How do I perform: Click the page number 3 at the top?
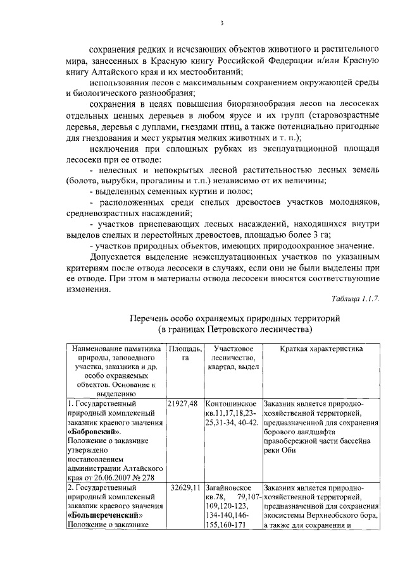(x=221, y=23)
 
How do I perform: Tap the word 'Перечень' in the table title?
(x=150, y=319)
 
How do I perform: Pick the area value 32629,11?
(x=185, y=488)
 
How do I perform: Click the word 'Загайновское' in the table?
(x=229, y=488)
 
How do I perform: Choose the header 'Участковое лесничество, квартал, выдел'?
(x=234, y=358)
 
